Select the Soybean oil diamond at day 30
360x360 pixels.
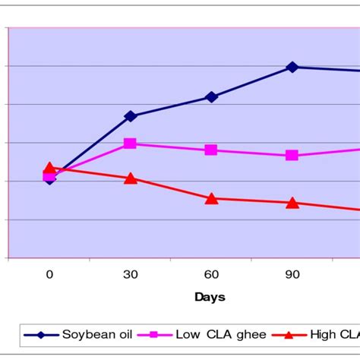pyautogui.click(x=130, y=116)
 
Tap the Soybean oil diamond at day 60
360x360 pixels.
pyautogui.click(x=211, y=97)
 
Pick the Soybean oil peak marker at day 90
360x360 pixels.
pyautogui.click(x=292, y=67)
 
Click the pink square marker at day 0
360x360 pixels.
pyautogui.click(x=49, y=175)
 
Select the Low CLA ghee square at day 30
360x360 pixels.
pyautogui.click(x=130, y=143)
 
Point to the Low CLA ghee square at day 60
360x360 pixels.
pyautogui.click(x=211, y=150)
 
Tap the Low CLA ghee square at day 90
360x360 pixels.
pyautogui.click(x=292, y=155)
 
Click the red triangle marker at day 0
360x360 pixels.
pyautogui.click(x=49, y=168)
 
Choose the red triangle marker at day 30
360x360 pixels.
pyautogui.click(x=130, y=178)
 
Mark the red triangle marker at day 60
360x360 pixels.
pyautogui.click(x=211, y=198)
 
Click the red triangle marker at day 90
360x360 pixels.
pyautogui.click(x=292, y=203)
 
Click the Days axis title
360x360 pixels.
pyautogui.click(x=210, y=297)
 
